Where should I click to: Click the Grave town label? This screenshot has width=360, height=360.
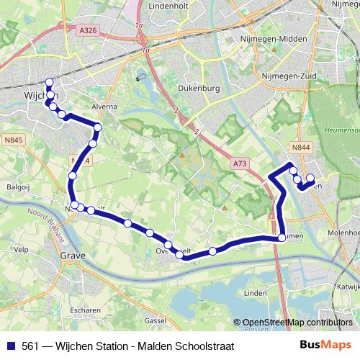[x=73, y=256]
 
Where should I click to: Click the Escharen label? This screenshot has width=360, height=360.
[x=86, y=310]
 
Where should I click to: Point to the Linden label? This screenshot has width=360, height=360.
[x=256, y=294]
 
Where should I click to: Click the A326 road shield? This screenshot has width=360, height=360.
[x=88, y=30]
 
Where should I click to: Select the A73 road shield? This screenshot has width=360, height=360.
[x=239, y=164]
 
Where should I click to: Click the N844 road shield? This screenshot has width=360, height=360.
[x=300, y=147]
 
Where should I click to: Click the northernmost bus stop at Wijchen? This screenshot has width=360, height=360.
[x=49, y=81]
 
